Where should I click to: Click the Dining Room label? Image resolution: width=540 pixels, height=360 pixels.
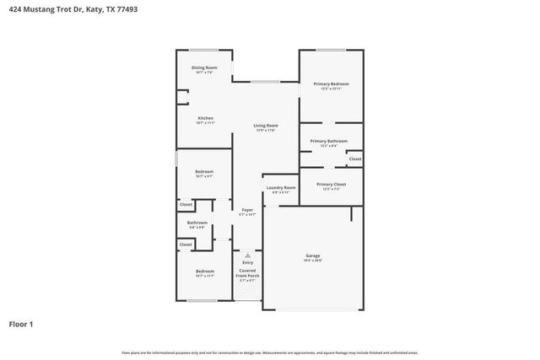pos(204,67)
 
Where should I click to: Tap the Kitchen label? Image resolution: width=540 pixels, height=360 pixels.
pos(205,118)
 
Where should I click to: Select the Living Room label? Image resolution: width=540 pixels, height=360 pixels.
pos(266,126)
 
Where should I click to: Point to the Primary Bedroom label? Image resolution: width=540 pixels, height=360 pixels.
pos(331,83)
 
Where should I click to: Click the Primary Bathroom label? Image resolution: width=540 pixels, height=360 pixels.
pos(328,141)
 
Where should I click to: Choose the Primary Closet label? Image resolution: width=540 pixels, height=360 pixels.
pos(331,184)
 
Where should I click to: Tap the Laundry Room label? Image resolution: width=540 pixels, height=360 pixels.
pos(280,187)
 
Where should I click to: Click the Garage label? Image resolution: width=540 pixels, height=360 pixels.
pos(312,255)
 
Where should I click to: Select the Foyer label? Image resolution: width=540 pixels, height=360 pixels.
pos(247,209)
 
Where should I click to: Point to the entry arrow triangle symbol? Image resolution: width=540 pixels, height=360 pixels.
pos(247,255)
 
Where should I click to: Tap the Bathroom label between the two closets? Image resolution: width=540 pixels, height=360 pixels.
pos(197,223)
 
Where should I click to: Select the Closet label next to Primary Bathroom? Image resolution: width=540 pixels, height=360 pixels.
pos(355,159)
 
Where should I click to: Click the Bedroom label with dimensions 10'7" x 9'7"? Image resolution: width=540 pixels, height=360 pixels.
pos(204,171)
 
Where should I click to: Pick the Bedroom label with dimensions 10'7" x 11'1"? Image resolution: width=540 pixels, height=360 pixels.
pos(204,271)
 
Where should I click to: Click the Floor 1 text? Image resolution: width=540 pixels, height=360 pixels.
pos(22,323)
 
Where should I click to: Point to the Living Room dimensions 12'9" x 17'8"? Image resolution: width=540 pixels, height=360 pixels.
pos(266,131)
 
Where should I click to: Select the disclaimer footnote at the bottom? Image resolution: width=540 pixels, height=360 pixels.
pos(269,352)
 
